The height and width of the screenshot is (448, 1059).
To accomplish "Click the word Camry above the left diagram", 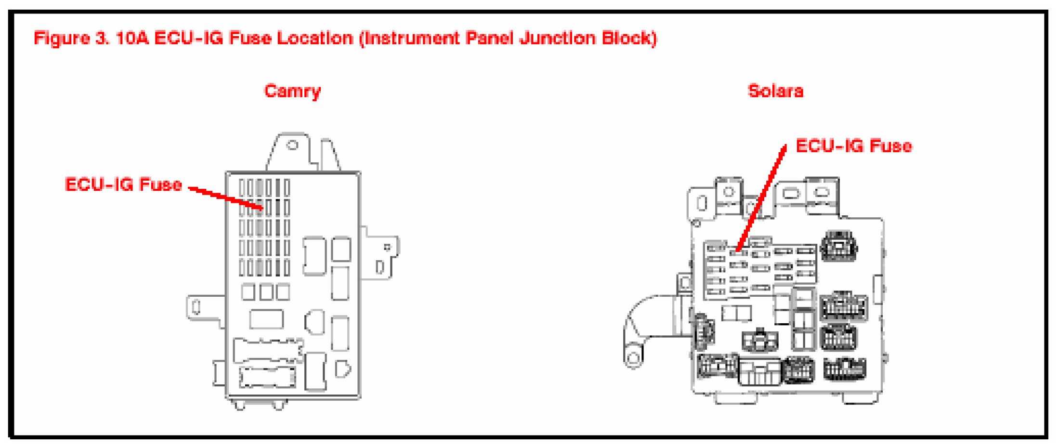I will (x=292, y=91).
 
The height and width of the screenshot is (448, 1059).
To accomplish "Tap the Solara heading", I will (x=775, y=91).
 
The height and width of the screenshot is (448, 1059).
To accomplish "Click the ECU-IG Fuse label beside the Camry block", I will (x=123, y=184).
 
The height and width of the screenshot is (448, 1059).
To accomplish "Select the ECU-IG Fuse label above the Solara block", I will (x=853, y=146).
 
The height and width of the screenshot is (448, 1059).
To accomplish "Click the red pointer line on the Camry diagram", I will (x=225, y=198).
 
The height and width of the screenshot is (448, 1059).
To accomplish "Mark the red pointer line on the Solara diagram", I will (x=761, y=198).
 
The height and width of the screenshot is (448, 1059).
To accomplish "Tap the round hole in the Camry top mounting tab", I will (x=292, y=145).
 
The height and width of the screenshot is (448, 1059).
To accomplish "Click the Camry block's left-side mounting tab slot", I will (x=196, y=307).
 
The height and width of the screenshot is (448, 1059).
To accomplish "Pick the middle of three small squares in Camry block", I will (x=266, y=292).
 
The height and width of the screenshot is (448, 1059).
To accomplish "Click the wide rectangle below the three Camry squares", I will (x=266, y=319).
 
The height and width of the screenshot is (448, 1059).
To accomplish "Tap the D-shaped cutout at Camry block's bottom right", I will (x=342, y=369).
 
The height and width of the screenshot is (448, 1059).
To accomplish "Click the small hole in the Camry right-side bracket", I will (x=387, y=247).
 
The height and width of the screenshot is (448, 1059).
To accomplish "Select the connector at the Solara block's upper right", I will (x=839, y=246).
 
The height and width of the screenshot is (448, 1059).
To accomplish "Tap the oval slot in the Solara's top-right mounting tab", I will (x=822, y=192).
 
